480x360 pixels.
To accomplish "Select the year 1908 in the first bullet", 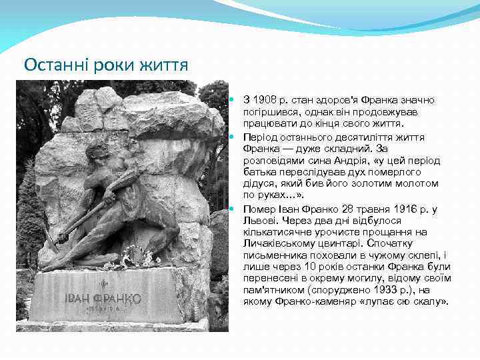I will coord(263,99).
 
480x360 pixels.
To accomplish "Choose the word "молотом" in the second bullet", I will coord(418,183).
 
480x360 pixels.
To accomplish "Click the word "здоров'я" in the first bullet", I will coord(323,99).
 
